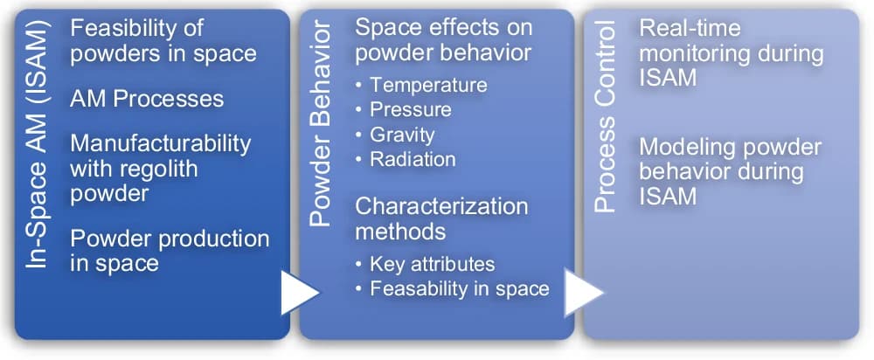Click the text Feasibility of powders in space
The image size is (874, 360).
(163, 40)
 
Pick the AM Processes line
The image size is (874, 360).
(147, 98)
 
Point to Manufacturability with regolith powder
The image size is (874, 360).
(160, 167)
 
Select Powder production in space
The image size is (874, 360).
(170, 250)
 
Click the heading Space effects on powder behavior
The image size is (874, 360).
(442, 39)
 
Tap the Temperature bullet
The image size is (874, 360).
(428, 86)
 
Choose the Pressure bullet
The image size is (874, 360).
(411, 110)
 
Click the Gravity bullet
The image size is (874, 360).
(402, 135)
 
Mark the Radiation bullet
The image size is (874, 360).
(413, 159)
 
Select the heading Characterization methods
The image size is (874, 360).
(441, 218)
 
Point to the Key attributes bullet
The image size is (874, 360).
(433, 264)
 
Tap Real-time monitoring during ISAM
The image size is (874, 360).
(731, 53)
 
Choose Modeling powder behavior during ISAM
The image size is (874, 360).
(730, 171)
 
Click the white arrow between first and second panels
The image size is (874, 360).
(299, 294)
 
